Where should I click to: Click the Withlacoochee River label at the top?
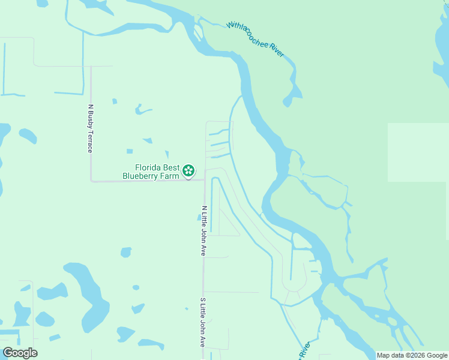pyautogui.click(x=256, y=40)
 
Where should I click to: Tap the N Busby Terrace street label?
pyautogui.click(x=91, y=128)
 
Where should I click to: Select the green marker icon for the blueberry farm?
pyautogui.click(x=188, y=171)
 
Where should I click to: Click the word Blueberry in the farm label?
pyautogui.click(x=142, y=176)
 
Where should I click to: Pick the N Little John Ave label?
pyautogui.click(x=204, y=231)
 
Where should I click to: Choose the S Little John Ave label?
pyautogui.click(x=203, y=321)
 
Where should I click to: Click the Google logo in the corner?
pyautogui.click(x=20, y=353)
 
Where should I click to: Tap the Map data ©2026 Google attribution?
pyautogui.click(x=412, y=355)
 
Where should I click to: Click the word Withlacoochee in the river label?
pyautogui.click(x=247, y=34)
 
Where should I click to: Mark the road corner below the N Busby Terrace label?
pyautogui.click(x=91, y=180)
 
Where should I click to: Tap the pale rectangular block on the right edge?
pyautogui.click(x=418, y=152)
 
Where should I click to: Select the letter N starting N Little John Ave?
pyautogui.click(x=204, y=208)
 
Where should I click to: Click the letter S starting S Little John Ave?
pyautogui.click(x=203, y=298)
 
